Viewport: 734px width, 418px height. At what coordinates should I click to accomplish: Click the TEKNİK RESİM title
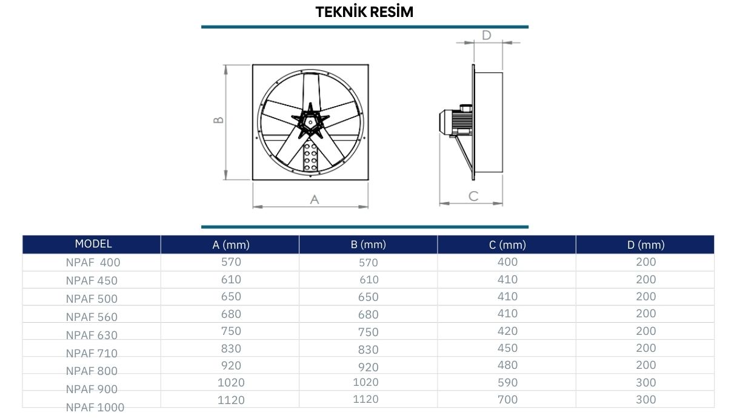point(364,12)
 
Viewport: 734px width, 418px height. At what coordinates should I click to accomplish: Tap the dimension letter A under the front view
point(314,200)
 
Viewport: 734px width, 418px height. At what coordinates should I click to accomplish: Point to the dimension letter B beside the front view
point(218,120)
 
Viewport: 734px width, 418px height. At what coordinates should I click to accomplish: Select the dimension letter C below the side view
point(473,196)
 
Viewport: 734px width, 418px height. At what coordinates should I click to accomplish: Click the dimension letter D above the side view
point(487,35)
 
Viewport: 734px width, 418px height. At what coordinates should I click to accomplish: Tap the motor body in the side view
point(456,122)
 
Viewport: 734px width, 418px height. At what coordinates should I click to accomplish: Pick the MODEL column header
point(93,244)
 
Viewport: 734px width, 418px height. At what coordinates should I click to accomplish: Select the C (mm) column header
point(507,244)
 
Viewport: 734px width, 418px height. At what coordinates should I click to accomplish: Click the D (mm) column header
point(646,244)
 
